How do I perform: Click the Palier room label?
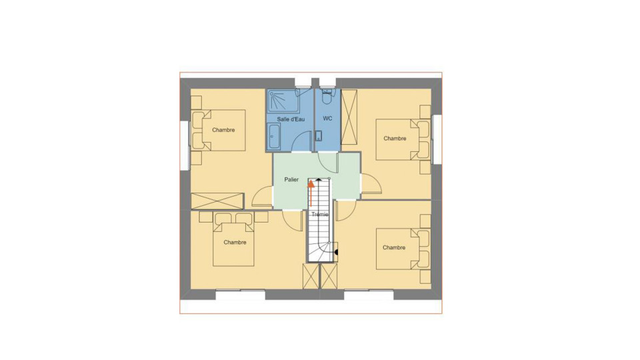click(x=291, y=179)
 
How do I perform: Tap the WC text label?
click(x=327, y=119)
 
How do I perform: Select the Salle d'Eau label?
click(x=291, y=119)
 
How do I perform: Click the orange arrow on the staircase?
click(x=311, y=193)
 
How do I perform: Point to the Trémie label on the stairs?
click(x=320, y=214)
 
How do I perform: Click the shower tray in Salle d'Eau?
click(x=283, y=101)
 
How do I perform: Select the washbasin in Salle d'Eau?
click(x=274, y=136)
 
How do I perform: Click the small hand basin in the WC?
click(x=319, y=136)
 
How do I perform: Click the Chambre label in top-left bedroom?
click(x=223, y=130)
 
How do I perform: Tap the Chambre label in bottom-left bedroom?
click(x=235, y=243)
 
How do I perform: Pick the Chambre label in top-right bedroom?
click(x=395, y=139)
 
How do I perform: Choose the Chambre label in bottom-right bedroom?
click(x=394, y=248)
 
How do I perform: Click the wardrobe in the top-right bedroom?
click(x=349, y=117)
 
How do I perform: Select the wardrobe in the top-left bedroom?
click(x=217, y=201)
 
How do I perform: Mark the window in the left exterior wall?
click(x=185, y=145)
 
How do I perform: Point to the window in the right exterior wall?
click(x=437, y=139)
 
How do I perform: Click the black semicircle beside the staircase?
click(x=336, y=253)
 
